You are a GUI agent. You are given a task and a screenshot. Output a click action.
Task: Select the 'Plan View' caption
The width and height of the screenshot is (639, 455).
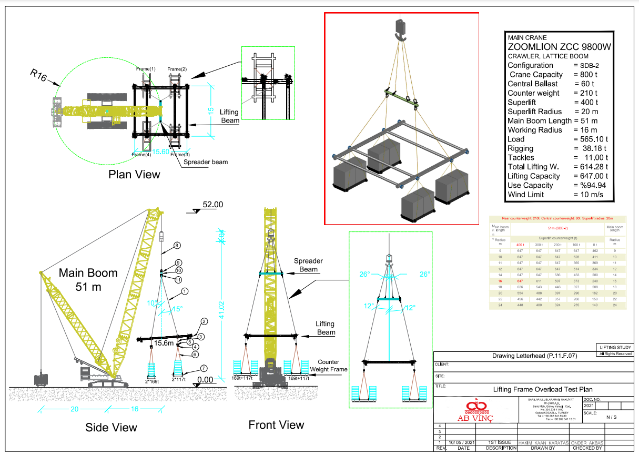[134, 174]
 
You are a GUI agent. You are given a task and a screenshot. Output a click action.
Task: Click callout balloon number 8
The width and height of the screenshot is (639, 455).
[177, 245]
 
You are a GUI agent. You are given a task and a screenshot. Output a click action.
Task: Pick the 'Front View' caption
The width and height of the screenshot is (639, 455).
[276, 425]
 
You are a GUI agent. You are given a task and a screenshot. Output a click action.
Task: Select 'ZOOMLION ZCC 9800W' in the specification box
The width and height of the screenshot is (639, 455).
[560, 47]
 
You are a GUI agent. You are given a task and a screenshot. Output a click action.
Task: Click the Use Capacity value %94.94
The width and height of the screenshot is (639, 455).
[591, 185]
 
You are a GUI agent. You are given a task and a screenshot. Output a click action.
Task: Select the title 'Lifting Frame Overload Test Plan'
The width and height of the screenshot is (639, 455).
[535, 390]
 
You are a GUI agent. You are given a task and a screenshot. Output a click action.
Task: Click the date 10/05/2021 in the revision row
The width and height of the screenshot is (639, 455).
[463, 442]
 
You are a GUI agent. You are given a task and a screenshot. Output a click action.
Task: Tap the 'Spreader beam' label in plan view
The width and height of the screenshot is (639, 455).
[206, 162]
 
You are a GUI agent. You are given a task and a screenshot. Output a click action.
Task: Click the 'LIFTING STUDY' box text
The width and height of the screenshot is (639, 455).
[615, 347]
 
